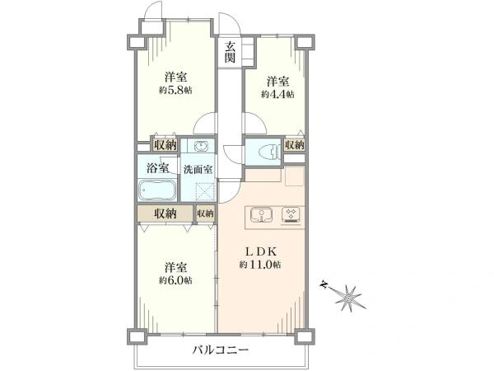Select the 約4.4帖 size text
point(278,94)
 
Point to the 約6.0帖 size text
point(175,280)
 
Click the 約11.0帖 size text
point(261,264)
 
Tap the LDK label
point(260,251)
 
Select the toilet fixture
point(264,151)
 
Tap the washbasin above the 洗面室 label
point(201,147)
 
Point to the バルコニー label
point(221,350)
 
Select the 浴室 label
point(158,168)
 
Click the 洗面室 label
point(198,168)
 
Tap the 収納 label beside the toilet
point(294,145)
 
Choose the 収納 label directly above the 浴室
point(165,145)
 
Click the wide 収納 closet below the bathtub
point(165,213)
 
